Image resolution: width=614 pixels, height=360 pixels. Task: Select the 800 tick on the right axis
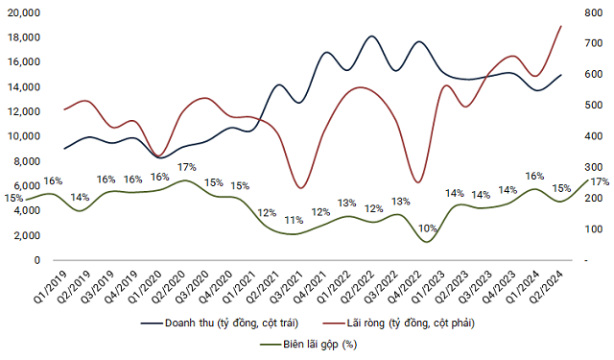pyautogui.click(x=584, y=12)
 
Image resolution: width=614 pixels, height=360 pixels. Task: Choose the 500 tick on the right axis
pyautogui.click(x=584, y=106)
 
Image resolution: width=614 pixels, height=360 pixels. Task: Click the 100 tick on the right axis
pyautogui.click(x=584, y=229)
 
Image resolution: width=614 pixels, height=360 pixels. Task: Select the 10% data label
pyautogui.click(x=428, y=228)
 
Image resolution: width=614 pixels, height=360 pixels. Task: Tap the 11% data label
pyautogui.click(x=295, y=220)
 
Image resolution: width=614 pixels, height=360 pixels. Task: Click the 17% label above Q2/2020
pyautogui.click(x=187, y=167)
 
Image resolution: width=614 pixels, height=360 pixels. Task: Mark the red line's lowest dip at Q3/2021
pyautogui.click(x=301, y=188)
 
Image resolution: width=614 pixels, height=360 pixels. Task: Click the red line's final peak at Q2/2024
pyautogui.click(x=561, y=26)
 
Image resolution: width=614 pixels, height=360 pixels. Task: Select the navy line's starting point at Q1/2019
pyautogui.click(x=64, y=149)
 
